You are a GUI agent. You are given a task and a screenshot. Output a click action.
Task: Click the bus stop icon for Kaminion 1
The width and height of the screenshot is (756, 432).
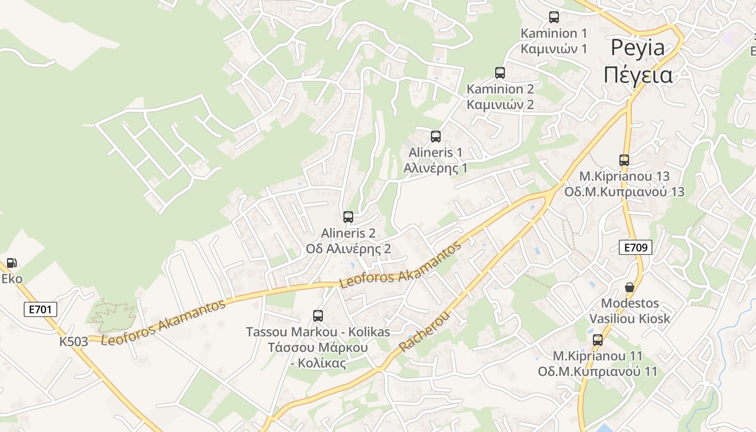coord(554,17)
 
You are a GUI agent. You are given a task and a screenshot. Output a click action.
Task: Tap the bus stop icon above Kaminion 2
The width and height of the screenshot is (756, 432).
coord(500,73)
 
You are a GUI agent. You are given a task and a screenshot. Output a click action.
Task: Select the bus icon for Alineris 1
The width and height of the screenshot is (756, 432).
coord(436,137)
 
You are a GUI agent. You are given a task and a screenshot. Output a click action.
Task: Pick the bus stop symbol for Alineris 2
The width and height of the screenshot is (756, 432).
coord(348,217)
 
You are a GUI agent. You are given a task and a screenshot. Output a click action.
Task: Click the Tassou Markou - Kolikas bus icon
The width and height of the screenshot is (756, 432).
coord(318,316)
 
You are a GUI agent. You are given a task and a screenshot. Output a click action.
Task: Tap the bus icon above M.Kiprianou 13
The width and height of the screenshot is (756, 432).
coord(624,160)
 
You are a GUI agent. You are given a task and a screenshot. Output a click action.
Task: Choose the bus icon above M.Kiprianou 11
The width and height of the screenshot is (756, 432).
coord(598,340)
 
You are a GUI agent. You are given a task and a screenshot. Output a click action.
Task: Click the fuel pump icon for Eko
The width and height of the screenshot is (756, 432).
coord(12,264)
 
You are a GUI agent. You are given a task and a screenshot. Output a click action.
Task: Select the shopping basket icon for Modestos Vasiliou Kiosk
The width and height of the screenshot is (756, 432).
coord(630,287)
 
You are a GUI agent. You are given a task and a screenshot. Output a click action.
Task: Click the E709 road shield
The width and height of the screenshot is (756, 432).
coord(636,248)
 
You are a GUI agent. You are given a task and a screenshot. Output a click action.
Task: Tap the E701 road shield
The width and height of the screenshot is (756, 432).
coord(40,309)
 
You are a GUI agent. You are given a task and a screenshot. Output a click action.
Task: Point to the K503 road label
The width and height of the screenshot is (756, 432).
coord(74,342)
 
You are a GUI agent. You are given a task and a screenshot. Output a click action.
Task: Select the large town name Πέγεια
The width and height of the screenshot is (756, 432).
coord(638,75)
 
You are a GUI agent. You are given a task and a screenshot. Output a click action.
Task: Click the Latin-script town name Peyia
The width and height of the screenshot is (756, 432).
coord(638,48)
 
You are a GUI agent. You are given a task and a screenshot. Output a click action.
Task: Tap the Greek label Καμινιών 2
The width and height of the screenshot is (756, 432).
coord(500,104)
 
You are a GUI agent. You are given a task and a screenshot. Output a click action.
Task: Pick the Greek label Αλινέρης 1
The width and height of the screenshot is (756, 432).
coord(435,168)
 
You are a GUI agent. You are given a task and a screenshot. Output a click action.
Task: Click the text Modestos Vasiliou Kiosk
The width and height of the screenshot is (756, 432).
coord(630,310)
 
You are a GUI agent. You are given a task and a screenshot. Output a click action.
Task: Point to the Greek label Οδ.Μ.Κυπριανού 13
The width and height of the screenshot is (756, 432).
coord(624,192)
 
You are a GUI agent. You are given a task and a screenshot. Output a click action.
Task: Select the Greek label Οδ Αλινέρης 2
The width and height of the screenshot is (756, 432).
coord(348,249)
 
